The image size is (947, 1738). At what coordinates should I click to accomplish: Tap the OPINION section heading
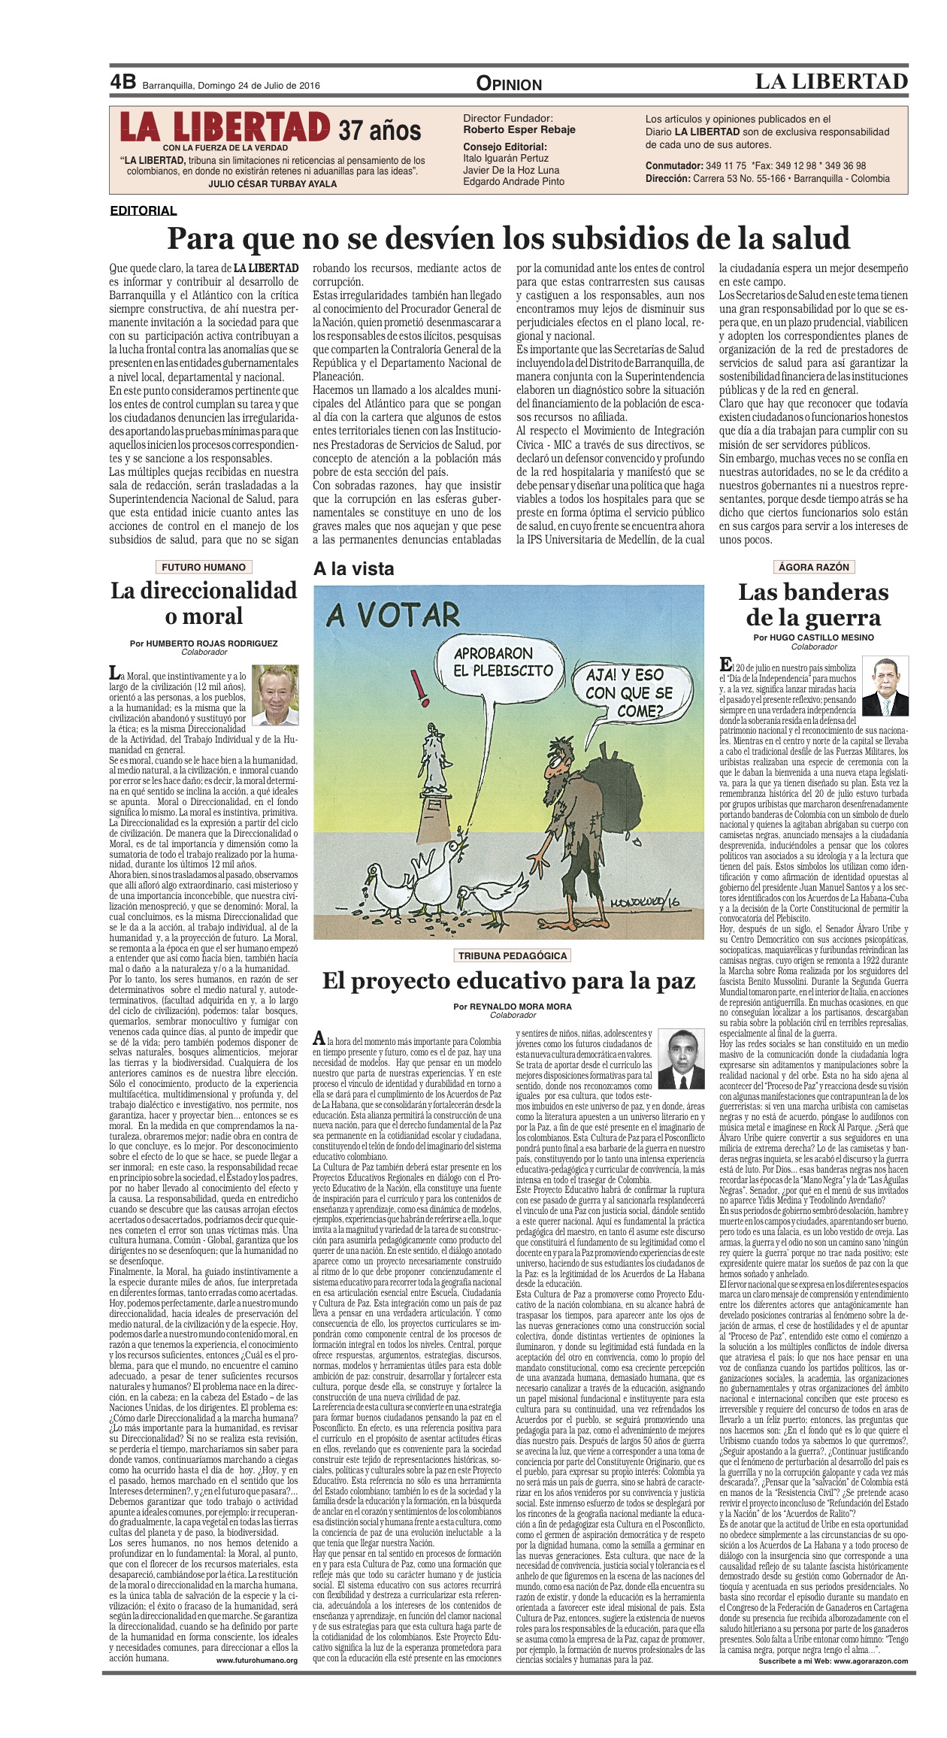pyautogui.click(x=509, y=84)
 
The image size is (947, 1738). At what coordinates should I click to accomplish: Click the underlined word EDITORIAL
pyautogui.click(x=143, y=211)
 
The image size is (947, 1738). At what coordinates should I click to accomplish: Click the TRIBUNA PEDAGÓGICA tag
pyautogui.click(x=512, y=955)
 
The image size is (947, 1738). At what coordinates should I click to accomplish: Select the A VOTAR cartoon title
pyautogui.click(x=393, y=616)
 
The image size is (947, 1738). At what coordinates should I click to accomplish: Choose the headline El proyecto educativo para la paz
pyautogui.click(x=509, y=981)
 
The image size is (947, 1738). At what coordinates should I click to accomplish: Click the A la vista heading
pyautogui.click(x=353, y=569)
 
